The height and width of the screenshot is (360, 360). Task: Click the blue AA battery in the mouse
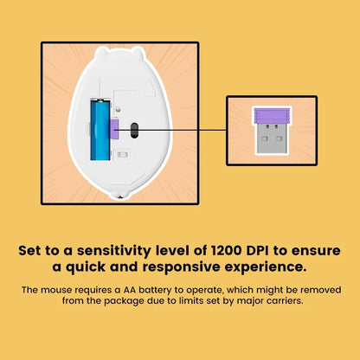pyautogui.click(x=100, y=129)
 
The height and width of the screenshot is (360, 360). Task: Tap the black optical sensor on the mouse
pyautogui.click(x=134, y=131)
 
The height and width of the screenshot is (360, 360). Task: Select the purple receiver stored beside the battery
pyautogui.click(x=114, y=129)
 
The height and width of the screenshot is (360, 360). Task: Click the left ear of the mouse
pyautogui.click(x=101, y=53)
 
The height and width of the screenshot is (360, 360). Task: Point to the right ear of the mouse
pyautogui.click(x=138, y=52)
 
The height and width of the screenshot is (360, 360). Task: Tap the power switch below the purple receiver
pyautogui.click(x=122, y=155)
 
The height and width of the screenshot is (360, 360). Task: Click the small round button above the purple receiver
pyautogui.click(x=118, y=109)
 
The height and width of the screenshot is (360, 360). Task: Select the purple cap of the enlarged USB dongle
pyautogui.click(x=272, y=116)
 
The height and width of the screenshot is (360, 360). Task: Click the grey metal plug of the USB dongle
pyautogui.click(x=271, y=138)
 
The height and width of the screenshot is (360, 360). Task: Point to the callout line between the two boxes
pyautogui.click(x=170, y=130)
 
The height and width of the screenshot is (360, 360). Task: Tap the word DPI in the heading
pyautogui.click(x=258, y=250)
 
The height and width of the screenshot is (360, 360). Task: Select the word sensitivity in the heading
pyautogui.click(x=113, y=250)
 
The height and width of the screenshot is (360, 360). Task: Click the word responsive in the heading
pyautogui.click(x=182, y=267)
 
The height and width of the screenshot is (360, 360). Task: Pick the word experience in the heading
pyautogui.click(x=266, y=267)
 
